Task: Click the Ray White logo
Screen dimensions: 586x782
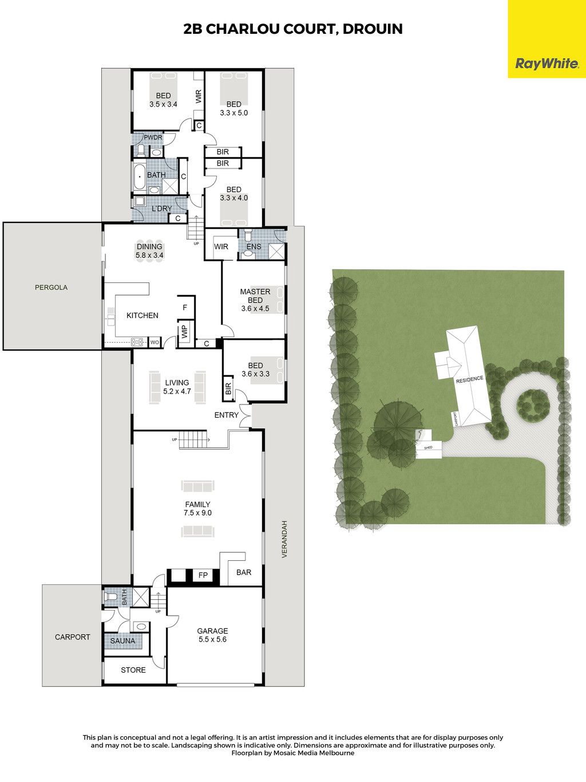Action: point(547,64)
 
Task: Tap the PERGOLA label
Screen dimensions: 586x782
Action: point(52,287)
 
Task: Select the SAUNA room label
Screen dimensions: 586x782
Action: point(122,641)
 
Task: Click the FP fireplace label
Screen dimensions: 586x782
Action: point(203,575)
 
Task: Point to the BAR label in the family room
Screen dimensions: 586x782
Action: point(244,572)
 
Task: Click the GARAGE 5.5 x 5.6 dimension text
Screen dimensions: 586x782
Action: point(212,639)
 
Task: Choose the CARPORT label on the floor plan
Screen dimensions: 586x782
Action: point(72,636)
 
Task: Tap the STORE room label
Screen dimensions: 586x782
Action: point(133,670)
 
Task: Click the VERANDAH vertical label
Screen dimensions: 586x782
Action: point(284,539)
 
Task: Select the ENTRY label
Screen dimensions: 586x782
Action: point(226,415)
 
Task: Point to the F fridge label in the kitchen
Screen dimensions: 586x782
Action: point(185,307)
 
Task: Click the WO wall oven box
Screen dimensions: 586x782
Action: point(155,343)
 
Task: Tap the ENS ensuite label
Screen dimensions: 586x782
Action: point(254,246)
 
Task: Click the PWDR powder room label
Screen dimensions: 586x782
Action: point(153,137)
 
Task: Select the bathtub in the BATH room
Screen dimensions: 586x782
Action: point(140,176)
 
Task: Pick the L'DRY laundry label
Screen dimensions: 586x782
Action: point(162,209)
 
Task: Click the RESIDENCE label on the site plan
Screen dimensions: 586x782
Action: point(470,379)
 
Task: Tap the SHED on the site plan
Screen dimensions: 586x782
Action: point(429,450)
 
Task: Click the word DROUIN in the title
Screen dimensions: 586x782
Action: point(373,29)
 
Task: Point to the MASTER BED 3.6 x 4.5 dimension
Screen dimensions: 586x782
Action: point(255,309)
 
